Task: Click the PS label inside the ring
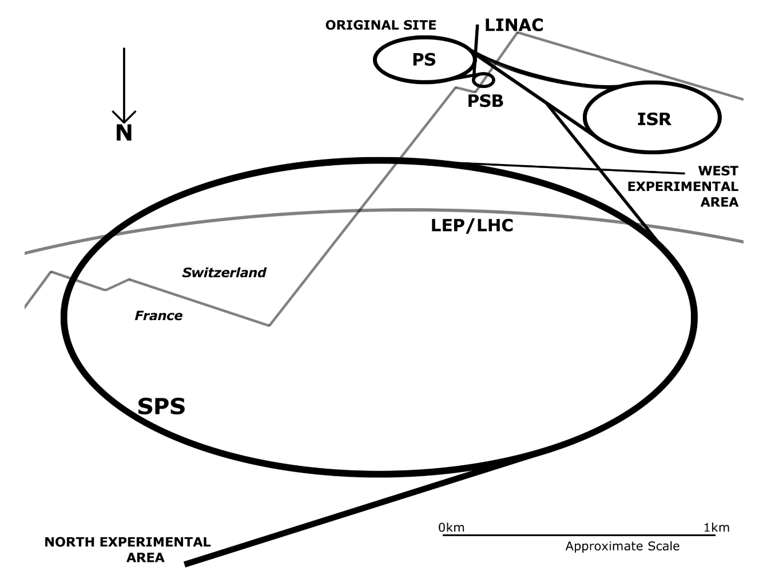[424, 59]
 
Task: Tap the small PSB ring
[483, 80]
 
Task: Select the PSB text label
[485, 101]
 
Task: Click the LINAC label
[514, 25]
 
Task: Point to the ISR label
[654, 119]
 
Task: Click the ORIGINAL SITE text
[380, 25]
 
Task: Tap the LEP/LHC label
[472, 226]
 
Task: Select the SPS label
[161, 406]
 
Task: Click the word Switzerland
[224, 273]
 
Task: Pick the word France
[158, 316]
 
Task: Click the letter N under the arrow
[124, 133]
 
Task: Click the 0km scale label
[451, 527]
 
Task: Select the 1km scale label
[717, 527]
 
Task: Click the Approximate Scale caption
[622, 546]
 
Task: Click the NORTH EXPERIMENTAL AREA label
[128, 549]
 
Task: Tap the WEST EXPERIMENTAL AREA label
[683, 186]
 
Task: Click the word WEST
[718, 171]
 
